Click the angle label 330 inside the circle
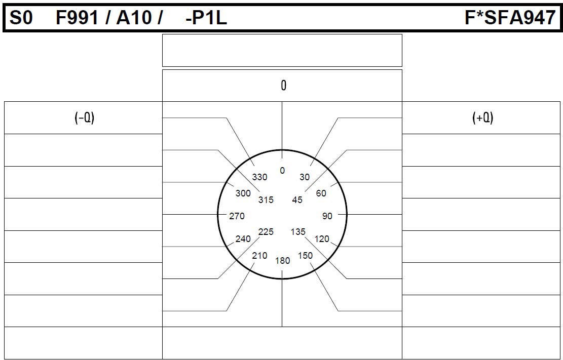pyautogui.click(x=259, y=177)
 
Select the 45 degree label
pyautogui.click(x=297, y=200)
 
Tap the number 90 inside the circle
pyautogui.click(x=327, y=216)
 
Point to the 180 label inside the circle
pyautogui.click(x=283, y=261)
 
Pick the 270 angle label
pyautogui.click(x=237, y=216)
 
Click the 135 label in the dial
pyautogui.click(x=298, y=232)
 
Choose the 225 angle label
pyautogui.click(x=266, y=232)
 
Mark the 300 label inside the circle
pyautogui.click(x=243, y=193)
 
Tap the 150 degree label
pyautogui.click(x=305, y=256)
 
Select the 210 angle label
pyautogui.click(x=259, y=256)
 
